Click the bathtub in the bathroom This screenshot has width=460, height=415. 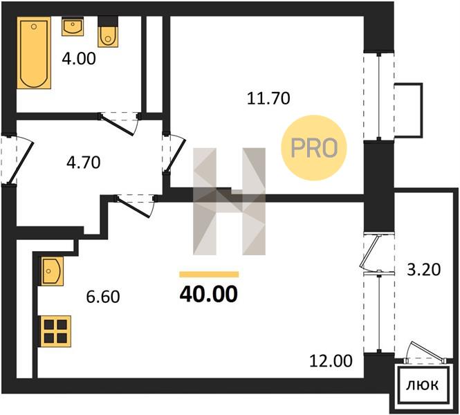coord(34,53)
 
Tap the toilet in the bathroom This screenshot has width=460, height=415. coord(108,32)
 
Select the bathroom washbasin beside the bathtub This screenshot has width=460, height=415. coord(73,26)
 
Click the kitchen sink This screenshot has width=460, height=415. coord(52,271)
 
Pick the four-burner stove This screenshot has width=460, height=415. coord(56,331)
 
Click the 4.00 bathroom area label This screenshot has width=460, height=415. coord(79,58)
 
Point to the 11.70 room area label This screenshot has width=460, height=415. coord(268,98)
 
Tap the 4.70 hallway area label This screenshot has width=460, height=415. coord(83,163)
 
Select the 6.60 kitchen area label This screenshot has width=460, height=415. coord(103,297)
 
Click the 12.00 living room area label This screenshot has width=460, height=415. coord(331,361)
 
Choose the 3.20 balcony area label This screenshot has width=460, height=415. coord(423,270)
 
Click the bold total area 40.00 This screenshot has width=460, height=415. coord(209,294)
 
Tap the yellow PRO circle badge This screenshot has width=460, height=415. coord(314,148)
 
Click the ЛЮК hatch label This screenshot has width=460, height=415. coord(423,385)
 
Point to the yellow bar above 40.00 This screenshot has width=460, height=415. coord(209,274)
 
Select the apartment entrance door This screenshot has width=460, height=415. coord(17,160)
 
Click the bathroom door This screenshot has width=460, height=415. coord(119,124)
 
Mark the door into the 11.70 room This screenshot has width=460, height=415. coord(174,152)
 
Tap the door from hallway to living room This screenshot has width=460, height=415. coord(136,205)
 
